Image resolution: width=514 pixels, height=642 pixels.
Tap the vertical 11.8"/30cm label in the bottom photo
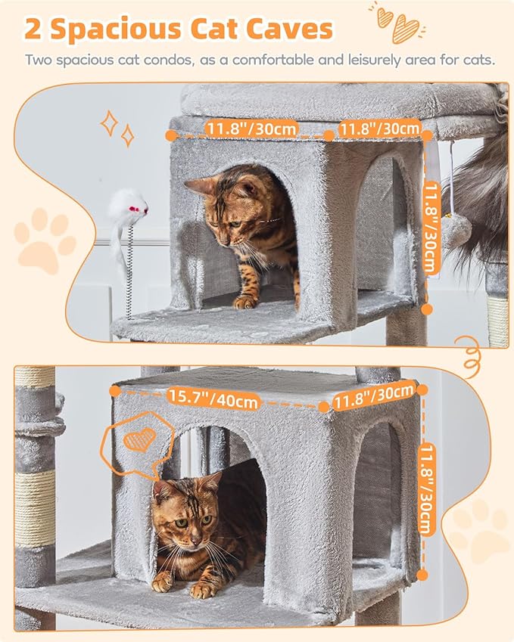pos(425,492)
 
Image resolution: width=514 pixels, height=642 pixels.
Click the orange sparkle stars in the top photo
pos(117,129)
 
